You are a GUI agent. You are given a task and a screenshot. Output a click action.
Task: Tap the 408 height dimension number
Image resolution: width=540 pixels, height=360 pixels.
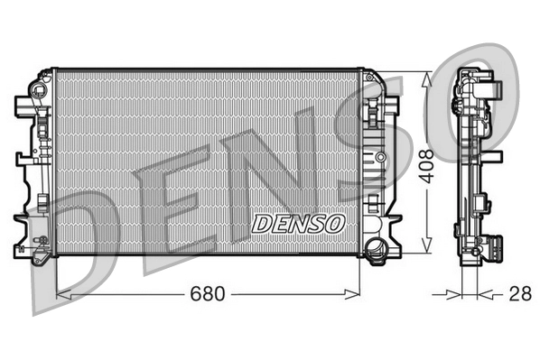tap(439, 165)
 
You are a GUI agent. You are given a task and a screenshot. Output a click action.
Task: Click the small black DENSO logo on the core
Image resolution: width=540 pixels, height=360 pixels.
tap(297, 223)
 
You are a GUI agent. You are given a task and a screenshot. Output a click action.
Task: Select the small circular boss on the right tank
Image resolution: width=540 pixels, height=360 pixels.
tap(380, 157)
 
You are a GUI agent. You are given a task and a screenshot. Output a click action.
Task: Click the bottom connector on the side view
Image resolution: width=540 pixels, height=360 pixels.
tap(494, 245)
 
